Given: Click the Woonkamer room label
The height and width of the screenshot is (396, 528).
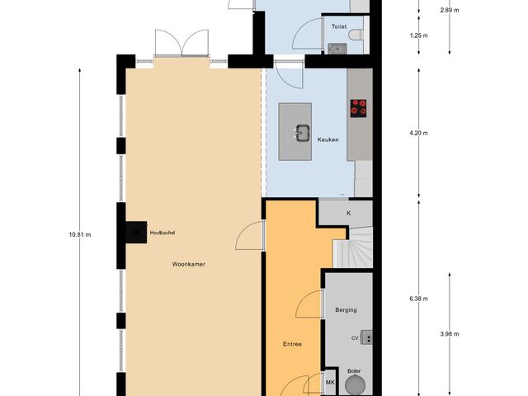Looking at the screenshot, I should tap(188, 265).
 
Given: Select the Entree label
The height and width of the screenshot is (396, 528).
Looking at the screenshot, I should tap(292, 343).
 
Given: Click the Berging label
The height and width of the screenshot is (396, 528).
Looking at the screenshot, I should tap(346, 310).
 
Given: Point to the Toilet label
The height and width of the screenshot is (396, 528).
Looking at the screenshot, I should tap(338, 27).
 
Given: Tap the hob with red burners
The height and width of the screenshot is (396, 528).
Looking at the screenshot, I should tap(359, 106).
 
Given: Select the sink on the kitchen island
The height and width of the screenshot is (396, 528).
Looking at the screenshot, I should tap(302, 130).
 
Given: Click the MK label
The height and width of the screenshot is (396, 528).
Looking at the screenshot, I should tap(330, 384).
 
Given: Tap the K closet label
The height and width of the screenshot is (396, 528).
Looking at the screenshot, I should tap(348, 213).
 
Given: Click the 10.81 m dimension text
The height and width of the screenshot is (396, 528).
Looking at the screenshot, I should tap(80, 234).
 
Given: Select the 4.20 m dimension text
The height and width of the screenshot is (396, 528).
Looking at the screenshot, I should tap(420, 132).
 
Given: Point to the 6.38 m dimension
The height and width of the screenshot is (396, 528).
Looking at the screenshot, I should tap(420, 299).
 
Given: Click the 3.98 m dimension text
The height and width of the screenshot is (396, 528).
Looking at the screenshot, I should tap(449, 333).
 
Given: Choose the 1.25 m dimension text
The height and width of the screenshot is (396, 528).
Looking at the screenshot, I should tap(420, 35).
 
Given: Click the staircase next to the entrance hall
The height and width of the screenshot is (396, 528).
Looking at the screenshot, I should tap(353, 247).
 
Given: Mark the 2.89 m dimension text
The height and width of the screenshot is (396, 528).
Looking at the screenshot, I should tap(449, 10).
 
